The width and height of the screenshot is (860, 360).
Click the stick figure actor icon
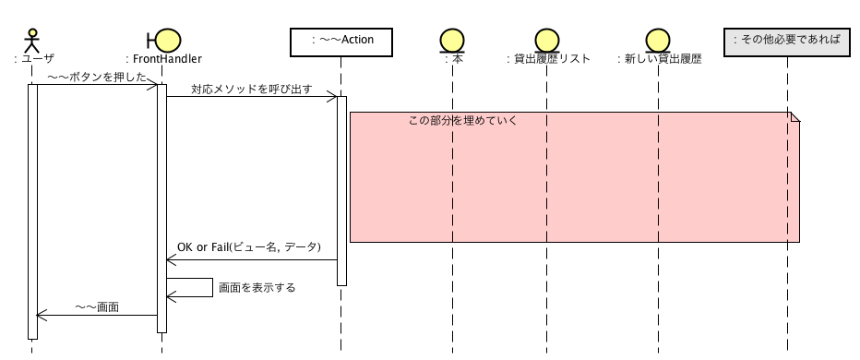[33, 42]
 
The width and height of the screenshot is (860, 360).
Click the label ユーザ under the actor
[37, 59]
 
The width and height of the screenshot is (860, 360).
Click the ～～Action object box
[341, 42]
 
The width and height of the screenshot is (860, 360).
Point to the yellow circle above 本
[452, 41]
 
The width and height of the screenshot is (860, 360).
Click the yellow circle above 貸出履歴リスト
[547, 41]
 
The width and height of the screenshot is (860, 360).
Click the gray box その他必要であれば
[787, 42]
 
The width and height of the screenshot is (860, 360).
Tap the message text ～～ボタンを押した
[97, 78]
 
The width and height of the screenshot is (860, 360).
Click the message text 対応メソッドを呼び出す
[252, 90]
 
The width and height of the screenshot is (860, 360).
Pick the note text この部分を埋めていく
[463, 120]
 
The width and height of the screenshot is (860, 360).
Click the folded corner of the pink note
[794, 117]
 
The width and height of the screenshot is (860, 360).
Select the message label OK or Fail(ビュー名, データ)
[249, 247]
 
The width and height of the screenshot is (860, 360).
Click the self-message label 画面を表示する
[257, 287]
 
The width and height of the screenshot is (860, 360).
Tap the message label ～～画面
[97, 307]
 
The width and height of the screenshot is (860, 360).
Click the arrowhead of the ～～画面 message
[42, 315]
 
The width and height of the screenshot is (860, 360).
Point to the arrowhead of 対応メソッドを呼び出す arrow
[331, 97]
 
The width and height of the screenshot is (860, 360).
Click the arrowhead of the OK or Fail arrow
[172, 259]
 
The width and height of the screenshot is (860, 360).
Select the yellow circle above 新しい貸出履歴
[658, 41]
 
